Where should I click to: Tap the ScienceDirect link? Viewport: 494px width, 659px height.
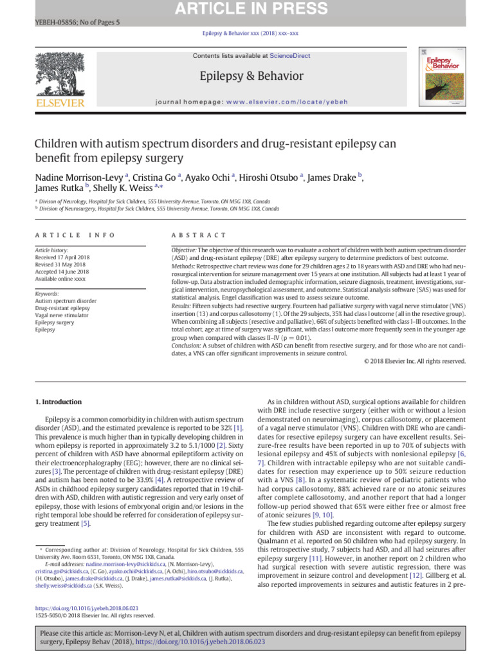coord(289,56)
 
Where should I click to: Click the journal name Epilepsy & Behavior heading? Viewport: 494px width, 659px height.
coord(251,77)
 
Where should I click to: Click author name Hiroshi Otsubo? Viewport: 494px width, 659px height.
coord(268,177)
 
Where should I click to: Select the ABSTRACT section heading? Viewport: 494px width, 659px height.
coord(199,235)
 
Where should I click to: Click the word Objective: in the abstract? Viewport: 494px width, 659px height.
coord(184,250)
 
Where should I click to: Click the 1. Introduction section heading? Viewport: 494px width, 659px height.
coord(59,402)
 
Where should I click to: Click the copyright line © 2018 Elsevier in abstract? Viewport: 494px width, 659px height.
coord(414,362)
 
